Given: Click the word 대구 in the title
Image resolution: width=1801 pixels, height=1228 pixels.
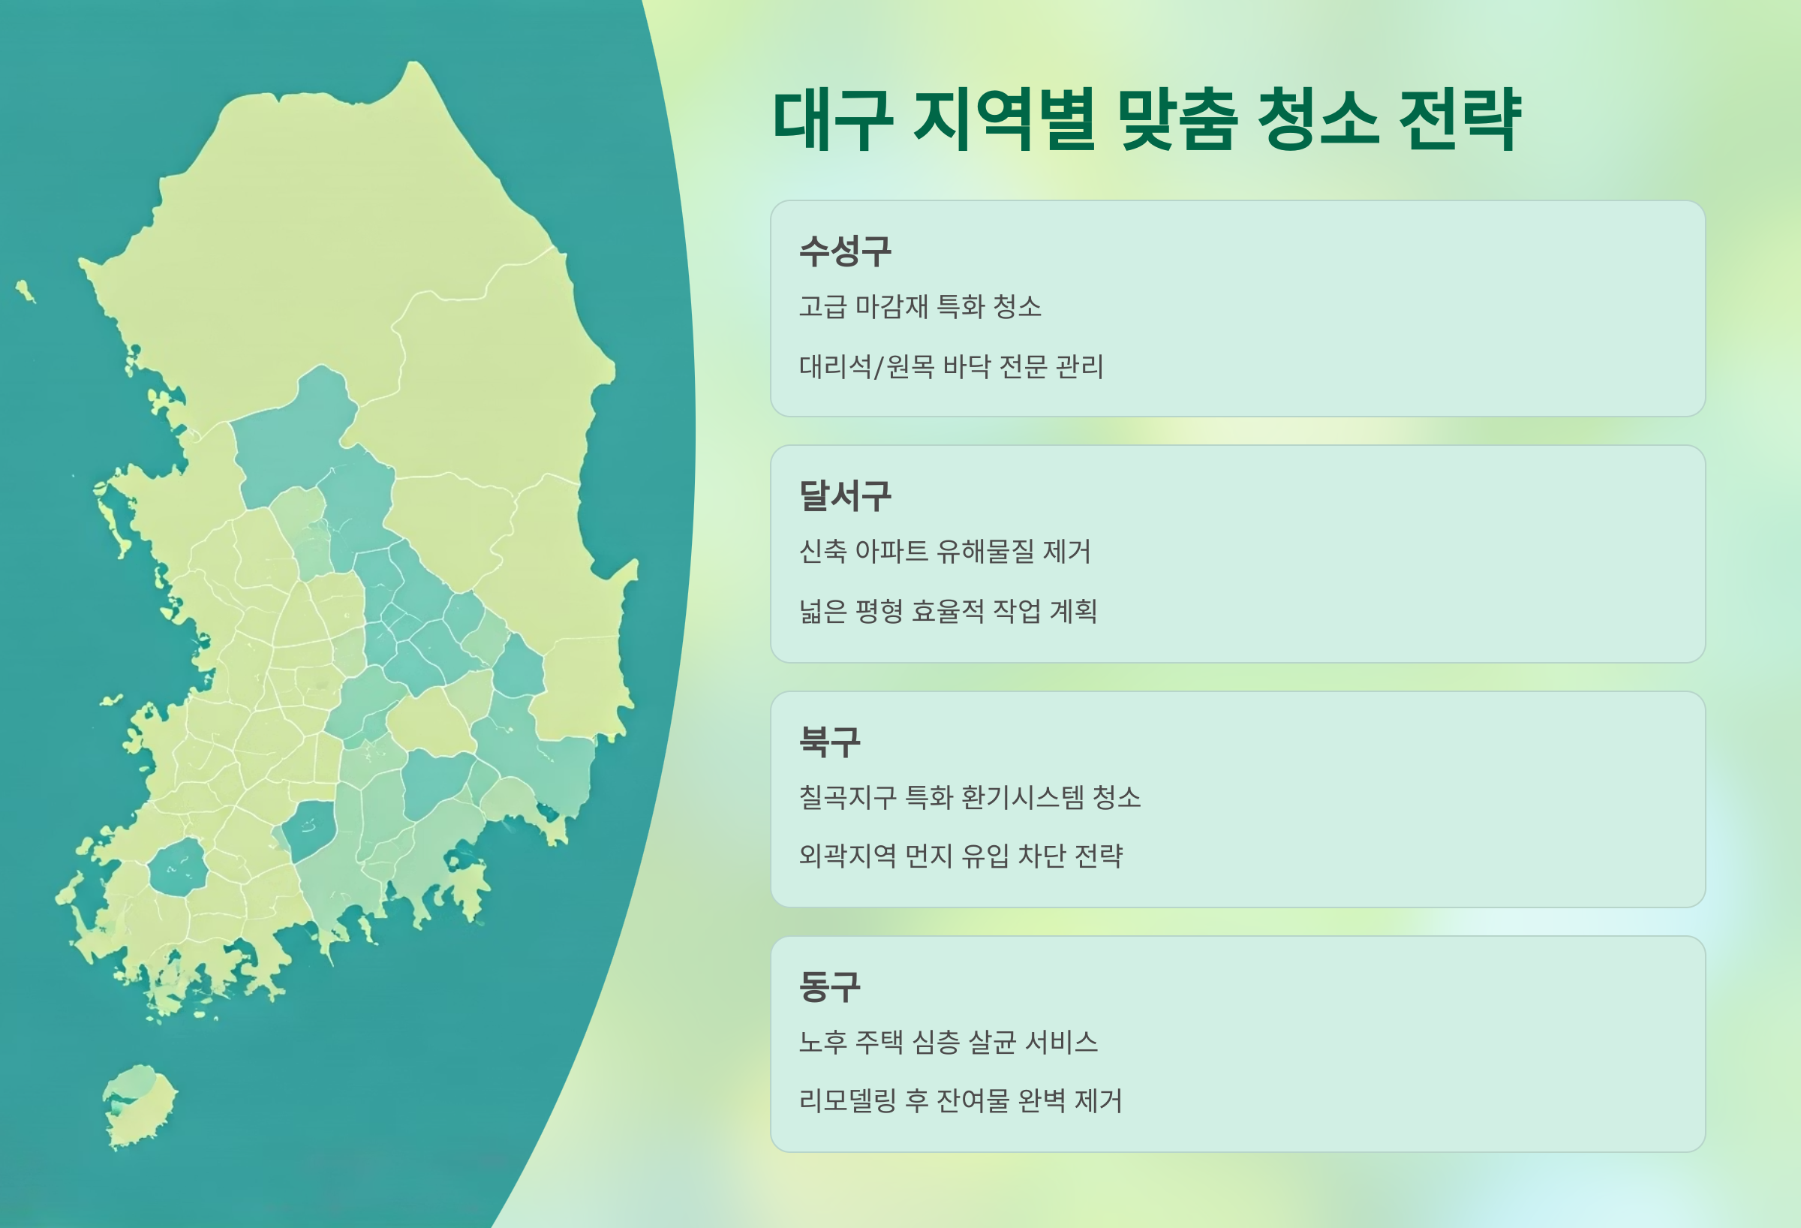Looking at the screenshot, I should [x=833, y=120].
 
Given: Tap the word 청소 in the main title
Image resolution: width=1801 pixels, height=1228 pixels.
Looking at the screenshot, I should [x=1317, y=120].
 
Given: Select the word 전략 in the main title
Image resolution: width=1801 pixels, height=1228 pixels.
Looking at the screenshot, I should [x=1460, y=120].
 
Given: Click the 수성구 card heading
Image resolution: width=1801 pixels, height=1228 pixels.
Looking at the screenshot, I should [x=845, y=251].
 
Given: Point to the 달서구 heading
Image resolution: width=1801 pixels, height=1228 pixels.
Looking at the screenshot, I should [x=845, y=495].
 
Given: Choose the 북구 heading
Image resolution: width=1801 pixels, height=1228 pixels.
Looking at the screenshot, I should [x=829, y=742].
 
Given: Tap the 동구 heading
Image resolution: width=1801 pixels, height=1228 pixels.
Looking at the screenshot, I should [x=829, y=986].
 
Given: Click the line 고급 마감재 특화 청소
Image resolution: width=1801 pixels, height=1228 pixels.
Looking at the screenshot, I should [x=920, y=306].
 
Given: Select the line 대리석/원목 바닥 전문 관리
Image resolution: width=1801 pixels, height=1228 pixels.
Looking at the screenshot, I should [x=951, y=366].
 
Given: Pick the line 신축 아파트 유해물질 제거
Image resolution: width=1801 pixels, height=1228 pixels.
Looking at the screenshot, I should [x=945, y=551].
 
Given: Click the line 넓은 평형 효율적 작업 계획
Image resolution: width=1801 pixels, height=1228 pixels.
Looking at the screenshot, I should [x=948, y=611].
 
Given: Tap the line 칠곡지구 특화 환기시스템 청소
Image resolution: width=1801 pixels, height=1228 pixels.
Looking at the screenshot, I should [x=970, y=797].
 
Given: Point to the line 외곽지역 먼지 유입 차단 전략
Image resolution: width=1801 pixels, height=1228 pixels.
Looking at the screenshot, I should [x=961, y=856].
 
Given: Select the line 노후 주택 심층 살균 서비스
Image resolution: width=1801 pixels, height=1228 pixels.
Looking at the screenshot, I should [x=948, y=1042].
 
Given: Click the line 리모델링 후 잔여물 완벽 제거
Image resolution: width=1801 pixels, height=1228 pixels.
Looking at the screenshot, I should [x=961, y=1100].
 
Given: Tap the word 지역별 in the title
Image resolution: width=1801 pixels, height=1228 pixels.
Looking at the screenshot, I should [x=1004, y=120].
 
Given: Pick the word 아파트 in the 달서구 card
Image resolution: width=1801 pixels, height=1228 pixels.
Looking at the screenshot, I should [x=891, y=551].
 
